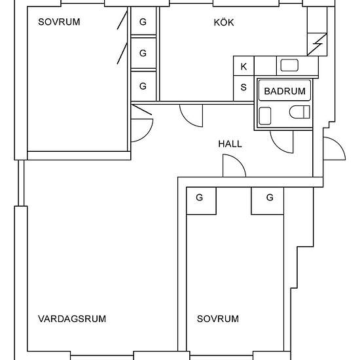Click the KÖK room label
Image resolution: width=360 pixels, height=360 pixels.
224,22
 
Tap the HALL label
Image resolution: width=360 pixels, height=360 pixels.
230,144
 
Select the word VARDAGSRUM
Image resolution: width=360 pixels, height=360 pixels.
72,319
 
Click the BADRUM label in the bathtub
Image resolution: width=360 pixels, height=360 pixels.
285,91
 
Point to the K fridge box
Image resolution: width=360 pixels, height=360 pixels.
243,66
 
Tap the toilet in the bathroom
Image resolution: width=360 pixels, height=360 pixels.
300,112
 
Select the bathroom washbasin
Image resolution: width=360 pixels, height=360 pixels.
265,116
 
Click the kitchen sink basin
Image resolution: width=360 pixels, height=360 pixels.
289,65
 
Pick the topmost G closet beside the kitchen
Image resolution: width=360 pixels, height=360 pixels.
143,22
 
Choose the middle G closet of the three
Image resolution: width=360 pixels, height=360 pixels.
143,53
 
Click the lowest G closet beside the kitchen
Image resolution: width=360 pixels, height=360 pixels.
143,86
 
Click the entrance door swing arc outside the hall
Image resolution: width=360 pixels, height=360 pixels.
339,144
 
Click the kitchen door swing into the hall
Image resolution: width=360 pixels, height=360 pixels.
186,121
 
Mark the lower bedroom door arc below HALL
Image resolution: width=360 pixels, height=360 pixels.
240,161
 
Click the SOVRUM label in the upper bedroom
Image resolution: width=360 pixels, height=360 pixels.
59,22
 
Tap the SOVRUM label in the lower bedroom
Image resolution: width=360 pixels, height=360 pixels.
218,319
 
